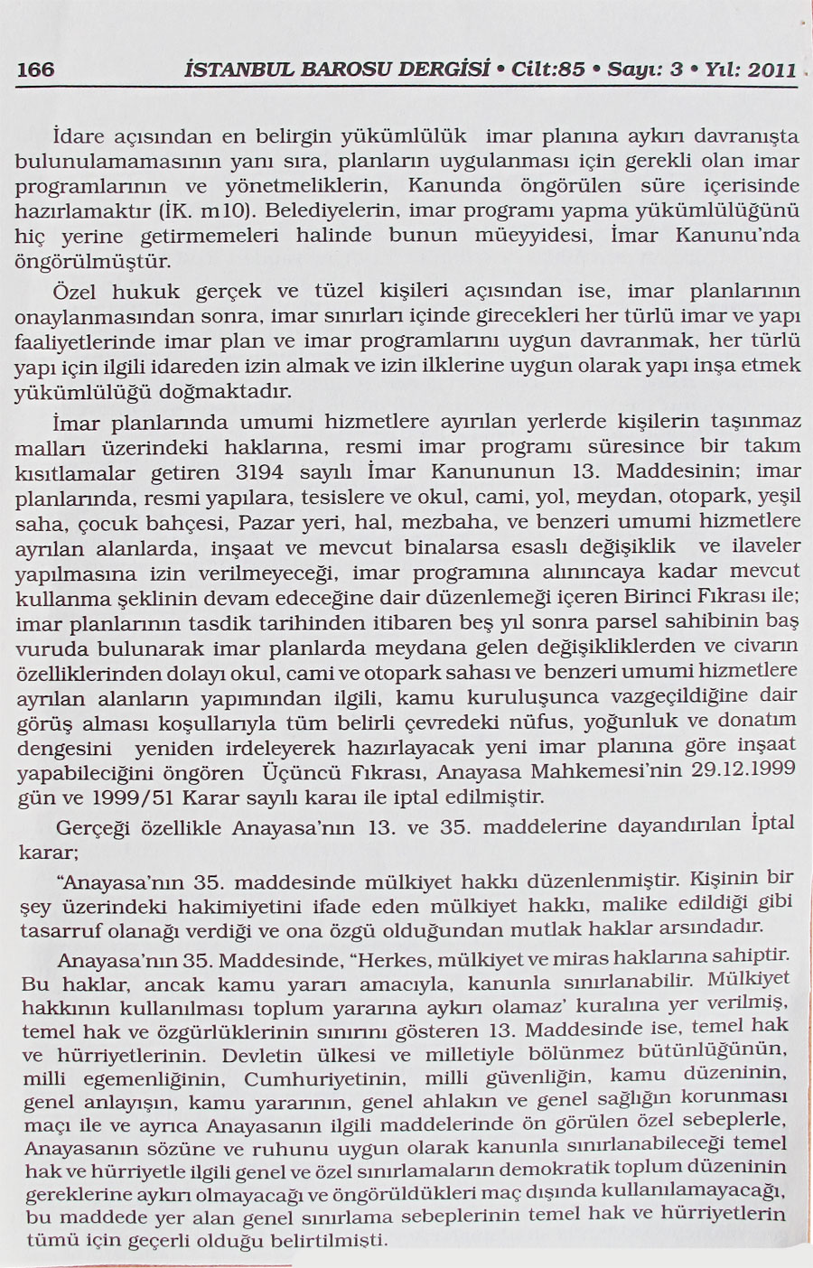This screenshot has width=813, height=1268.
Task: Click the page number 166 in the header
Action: pos(36,70)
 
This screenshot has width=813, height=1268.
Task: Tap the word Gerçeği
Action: pos(91,827)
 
